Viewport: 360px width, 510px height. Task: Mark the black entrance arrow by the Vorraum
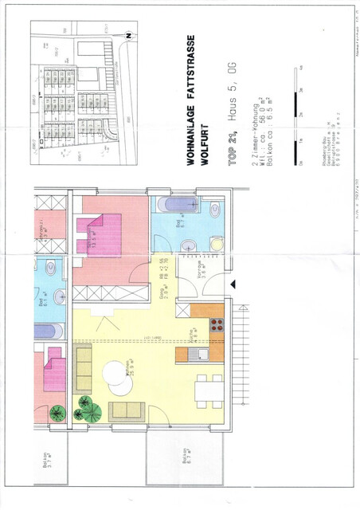pos(232,283)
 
